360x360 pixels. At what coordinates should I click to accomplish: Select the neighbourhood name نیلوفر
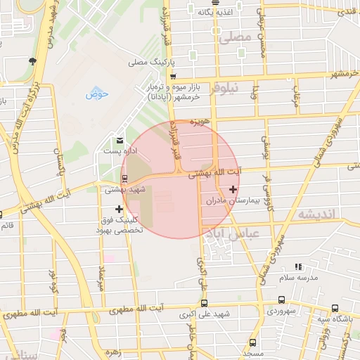pyautogui.click(x=225, y=88)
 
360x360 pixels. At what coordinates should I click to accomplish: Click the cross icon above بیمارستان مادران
pyautogui.click(x=233, y=189)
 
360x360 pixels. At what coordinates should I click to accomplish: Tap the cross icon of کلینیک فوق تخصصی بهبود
pyautogui.click(x=119, y=209)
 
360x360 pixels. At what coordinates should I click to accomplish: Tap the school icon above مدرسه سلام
pyautogui.click(x=298, y=267)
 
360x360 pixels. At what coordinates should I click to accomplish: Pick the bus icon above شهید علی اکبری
pyautogui.click(x=204, y=304)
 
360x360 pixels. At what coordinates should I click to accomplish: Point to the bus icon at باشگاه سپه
pyautogui.click(x=335, y=308)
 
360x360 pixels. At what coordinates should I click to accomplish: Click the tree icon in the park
pyautogui.click(x=32, y=62)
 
